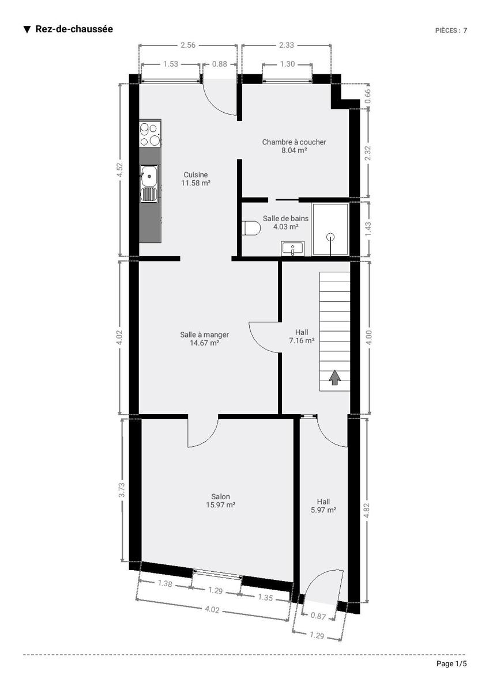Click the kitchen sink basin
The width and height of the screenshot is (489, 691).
149,176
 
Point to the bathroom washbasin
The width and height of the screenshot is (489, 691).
292,248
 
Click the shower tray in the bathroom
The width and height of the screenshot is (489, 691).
330,229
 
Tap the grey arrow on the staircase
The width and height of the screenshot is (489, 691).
334,377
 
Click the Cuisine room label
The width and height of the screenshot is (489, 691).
196,174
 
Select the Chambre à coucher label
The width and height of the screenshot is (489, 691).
294,142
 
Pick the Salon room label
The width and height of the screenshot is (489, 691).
220,496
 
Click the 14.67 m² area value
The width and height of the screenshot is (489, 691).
205,343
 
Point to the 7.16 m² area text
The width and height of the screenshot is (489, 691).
302,340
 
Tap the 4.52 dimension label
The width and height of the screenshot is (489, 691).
120,170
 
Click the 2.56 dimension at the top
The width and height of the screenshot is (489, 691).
188,45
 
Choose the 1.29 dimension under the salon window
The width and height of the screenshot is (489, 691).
215,590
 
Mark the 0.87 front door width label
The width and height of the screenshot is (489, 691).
318,616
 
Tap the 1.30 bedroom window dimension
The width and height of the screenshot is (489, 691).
287,64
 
